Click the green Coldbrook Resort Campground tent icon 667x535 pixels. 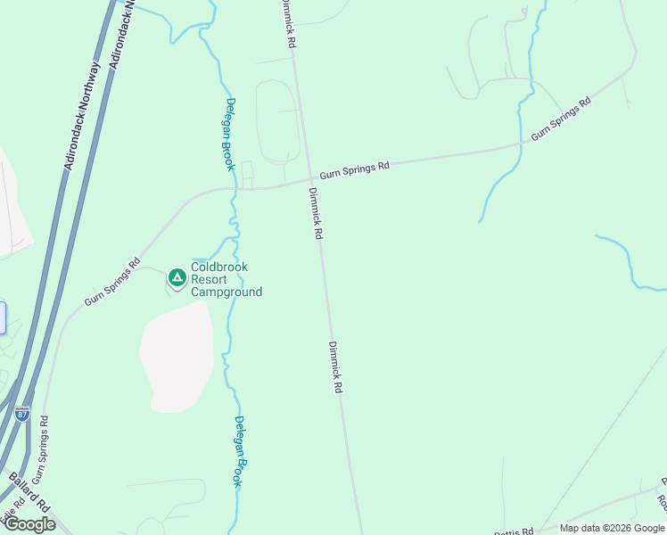177,278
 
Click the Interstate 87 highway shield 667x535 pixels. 22,413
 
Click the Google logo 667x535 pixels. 29,524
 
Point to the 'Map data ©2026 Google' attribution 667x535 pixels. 613,528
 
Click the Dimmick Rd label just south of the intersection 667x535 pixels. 316,213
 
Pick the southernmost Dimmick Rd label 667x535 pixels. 335,368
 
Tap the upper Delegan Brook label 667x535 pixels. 229,134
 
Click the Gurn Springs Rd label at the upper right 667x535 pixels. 561,119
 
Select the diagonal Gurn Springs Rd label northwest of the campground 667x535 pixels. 112,283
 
